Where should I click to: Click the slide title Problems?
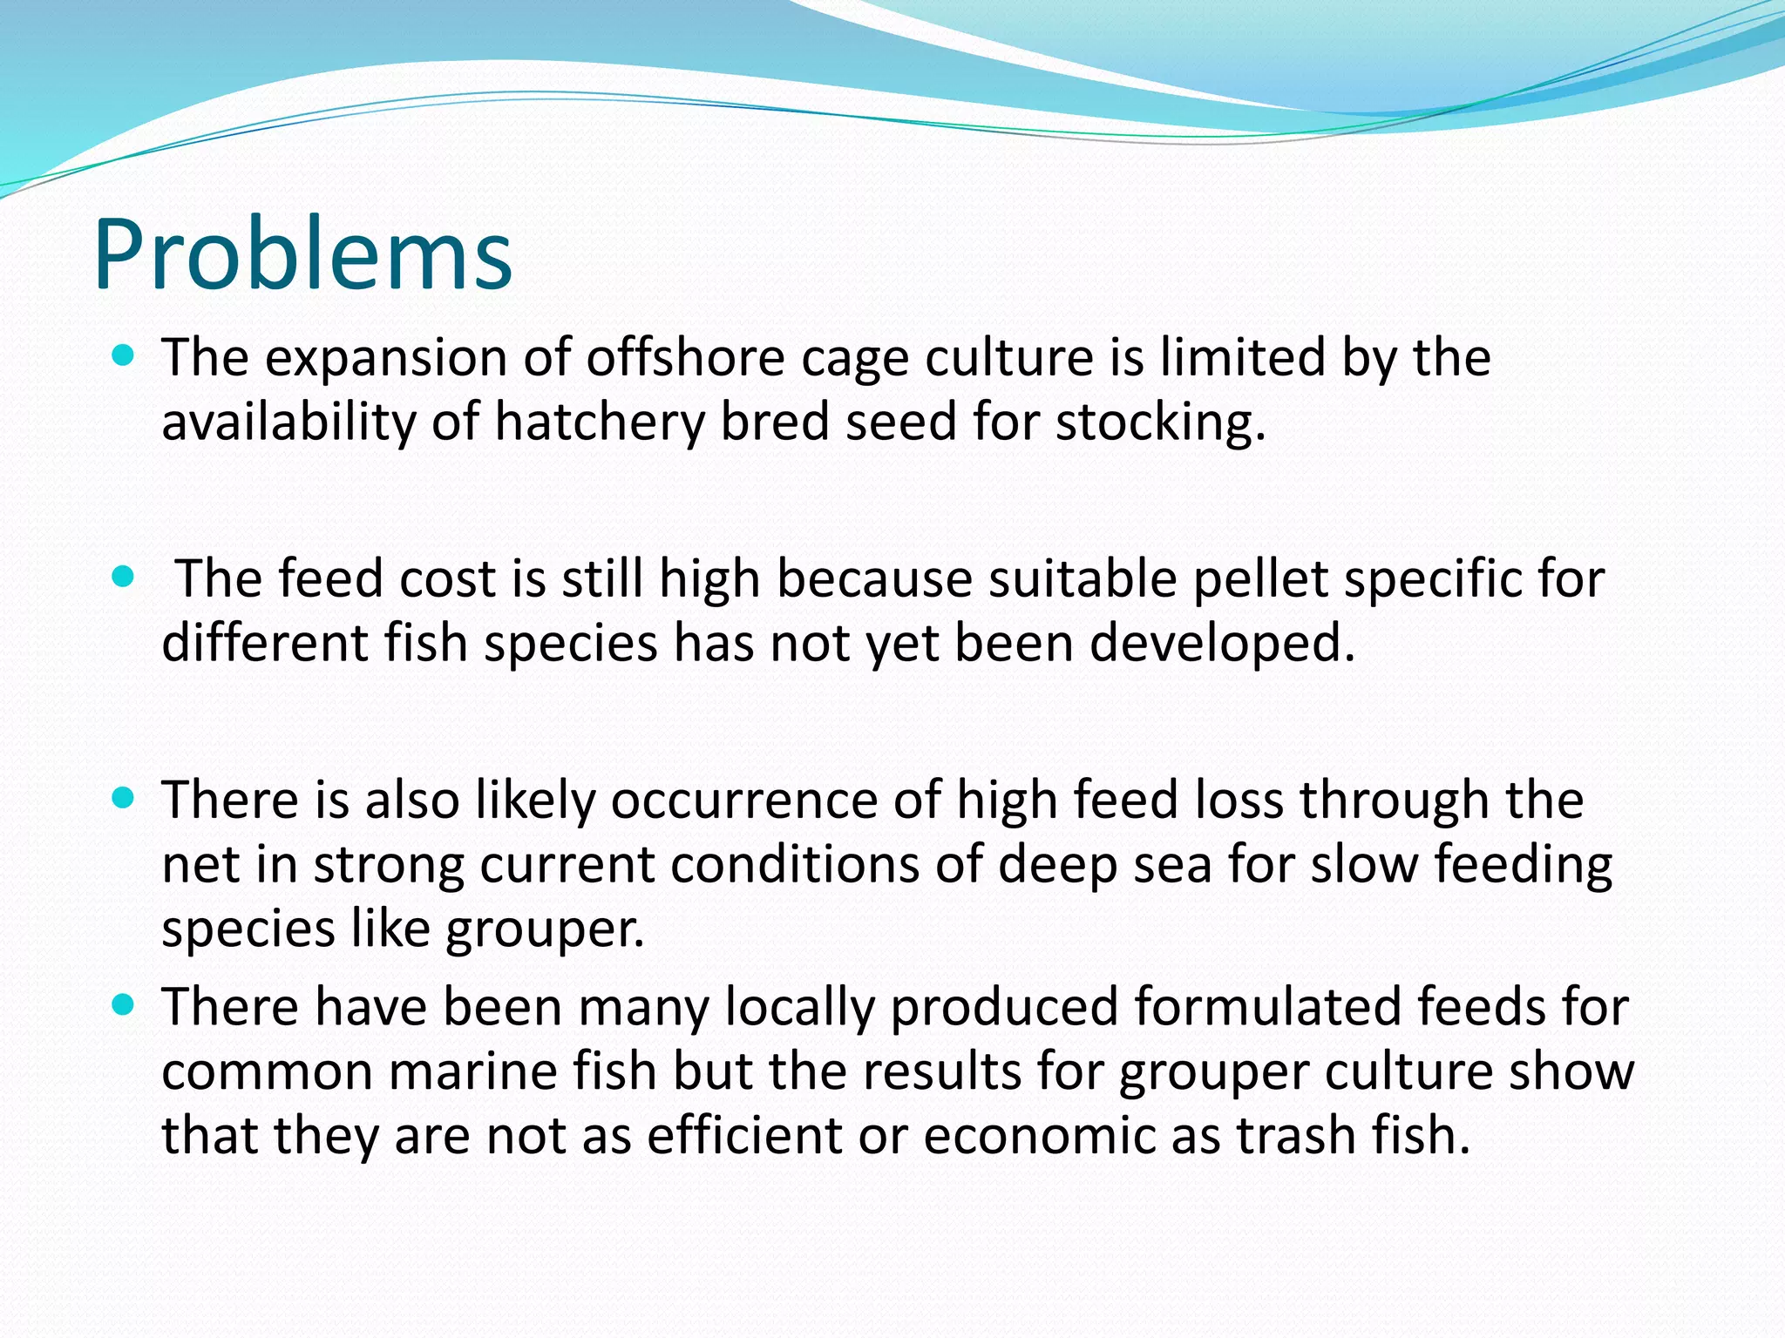point(302,254)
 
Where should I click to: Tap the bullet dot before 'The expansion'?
point(124,355)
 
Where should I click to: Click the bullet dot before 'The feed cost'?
point(124,577)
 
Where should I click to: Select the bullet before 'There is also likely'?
point(124,798)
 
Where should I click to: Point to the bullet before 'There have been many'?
point(124,1005)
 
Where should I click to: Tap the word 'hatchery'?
point(599,422)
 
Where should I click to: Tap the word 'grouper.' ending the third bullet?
point(546,929)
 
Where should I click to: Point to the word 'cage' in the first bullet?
point(854,359)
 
